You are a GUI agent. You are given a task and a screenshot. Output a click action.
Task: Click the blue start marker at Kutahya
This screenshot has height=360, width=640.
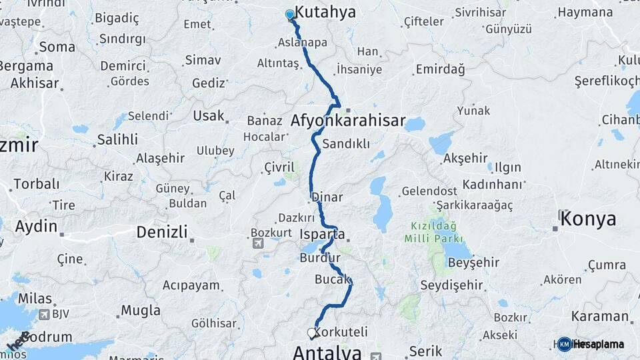tap(290, 15)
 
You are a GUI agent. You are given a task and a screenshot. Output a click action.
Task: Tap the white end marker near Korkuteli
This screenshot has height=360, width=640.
tap(311, 333)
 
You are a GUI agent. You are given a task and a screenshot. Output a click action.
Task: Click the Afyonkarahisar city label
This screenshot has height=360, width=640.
tap(348, 121)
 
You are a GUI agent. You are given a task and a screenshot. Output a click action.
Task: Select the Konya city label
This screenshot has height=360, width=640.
tap(589, 218)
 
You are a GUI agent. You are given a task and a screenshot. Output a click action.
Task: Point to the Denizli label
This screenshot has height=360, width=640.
tap(161, 232)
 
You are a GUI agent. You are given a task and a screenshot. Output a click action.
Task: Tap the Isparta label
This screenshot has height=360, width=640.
tap(323, 235)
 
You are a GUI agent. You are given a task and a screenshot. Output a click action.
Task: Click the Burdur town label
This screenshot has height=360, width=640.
tap(320, 257)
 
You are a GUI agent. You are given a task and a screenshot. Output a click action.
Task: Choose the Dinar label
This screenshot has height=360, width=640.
tap(327, 197)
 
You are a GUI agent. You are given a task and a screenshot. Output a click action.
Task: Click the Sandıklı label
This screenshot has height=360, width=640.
tap(345, 143)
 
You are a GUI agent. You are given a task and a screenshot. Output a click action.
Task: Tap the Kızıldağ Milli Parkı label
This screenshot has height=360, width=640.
tap(431, 232)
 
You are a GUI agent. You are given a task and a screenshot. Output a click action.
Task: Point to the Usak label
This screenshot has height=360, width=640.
tap(209, 115)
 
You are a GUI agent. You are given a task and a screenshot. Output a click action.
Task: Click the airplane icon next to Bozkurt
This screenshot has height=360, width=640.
tap(258, 244)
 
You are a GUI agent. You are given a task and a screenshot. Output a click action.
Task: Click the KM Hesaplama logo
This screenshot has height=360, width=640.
tap(590, 344)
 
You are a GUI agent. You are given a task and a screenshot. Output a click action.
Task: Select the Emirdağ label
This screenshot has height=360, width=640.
tap(440, 69)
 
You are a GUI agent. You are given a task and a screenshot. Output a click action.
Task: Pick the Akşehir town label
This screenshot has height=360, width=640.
tap(465, 158)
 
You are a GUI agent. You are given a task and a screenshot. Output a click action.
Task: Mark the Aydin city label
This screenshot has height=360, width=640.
tap(36, 226)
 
